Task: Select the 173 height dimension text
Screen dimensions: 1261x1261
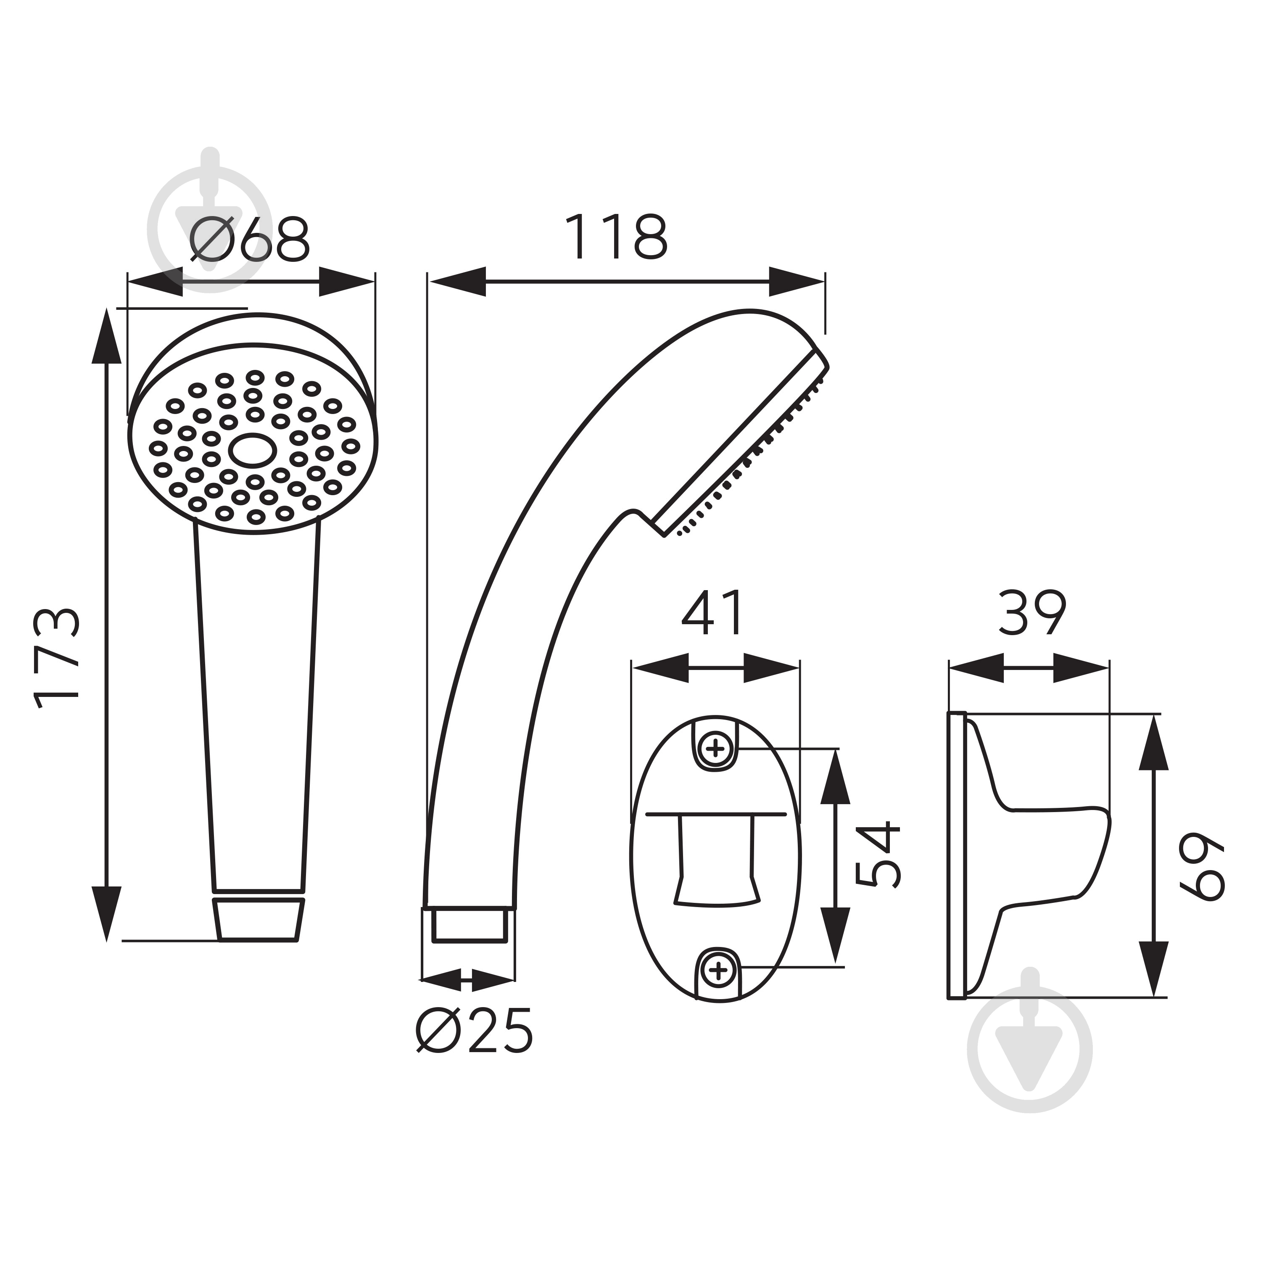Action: tap(58, 659)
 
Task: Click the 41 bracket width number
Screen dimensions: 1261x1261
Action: tap(712, 613)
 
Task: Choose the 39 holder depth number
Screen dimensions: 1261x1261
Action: tap(1033, 612)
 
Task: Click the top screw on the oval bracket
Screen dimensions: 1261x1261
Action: tap(716, 748)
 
